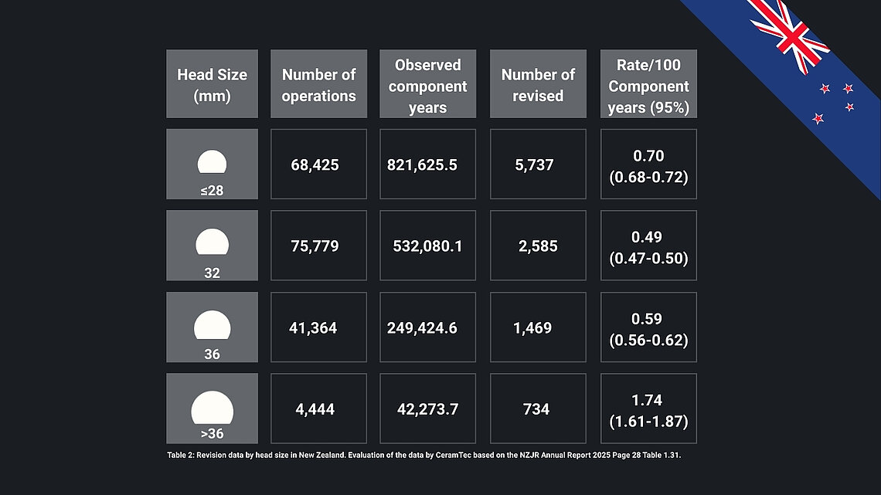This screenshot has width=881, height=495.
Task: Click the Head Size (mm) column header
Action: [x=212, y=84]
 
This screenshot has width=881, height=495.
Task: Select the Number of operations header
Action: [x=318, y=84]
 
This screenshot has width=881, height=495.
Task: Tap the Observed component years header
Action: [x=427, y=84]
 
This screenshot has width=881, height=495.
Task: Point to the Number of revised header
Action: [x=538, y=84]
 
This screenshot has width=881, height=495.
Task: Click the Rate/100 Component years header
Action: [x=648, y=84]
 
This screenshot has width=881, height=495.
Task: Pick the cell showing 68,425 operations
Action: [x=318, y=164]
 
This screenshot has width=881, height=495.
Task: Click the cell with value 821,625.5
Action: [x=427, y=164]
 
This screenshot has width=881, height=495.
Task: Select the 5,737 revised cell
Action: [x=538, y=164]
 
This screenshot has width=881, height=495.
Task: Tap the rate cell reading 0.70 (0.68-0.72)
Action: [x=648, y=164]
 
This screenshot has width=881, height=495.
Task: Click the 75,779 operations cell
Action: [x=318, y=246]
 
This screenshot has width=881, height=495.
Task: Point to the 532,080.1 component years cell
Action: [x=427, y=246]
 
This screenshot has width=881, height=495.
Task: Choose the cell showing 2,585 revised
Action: [x=538, y=246]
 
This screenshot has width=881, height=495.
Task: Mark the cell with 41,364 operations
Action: [x=318, y=327]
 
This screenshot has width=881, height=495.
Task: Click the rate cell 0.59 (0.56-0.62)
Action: [x=648, y=327]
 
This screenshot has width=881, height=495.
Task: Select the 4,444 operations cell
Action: [x=318, y=409]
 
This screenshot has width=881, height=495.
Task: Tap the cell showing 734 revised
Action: [x=538, y=409]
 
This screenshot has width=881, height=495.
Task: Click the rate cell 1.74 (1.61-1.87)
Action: [x=648, y=409]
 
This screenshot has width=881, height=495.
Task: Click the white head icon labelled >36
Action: [x=212, y=408]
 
